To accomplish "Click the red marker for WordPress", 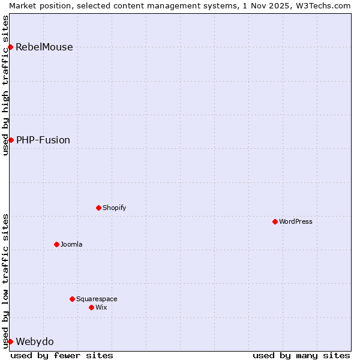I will pos(275,221).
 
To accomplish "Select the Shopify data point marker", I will pos(98,208).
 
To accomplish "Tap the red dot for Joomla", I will pos(56,244).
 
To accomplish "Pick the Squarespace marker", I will pos(72,299).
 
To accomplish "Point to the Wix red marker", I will pos(91,307).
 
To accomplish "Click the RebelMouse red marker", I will pos(11,47).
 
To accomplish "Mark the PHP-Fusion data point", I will pos(11,140).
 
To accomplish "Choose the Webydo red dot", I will pos(11,341).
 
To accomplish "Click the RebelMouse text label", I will pos(44,47).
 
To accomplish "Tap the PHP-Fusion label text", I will pos(43,140).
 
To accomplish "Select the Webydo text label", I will pos(35,342).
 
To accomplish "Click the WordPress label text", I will pos(296,221).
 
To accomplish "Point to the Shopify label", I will pos(115,208).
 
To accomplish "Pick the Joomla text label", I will pos(71,244).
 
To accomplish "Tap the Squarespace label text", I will pos(97,299).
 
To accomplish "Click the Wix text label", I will pos(101,307).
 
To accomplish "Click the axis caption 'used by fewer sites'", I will pos(62,355).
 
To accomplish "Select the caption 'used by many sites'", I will pos(301,355).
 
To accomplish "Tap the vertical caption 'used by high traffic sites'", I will pos(5,85).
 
